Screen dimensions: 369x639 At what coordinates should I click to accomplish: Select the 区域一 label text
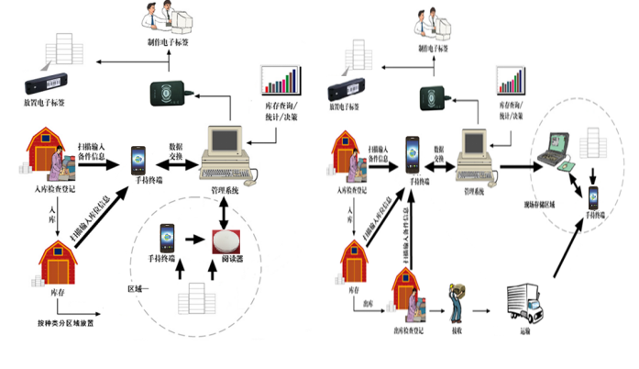pos(137,287)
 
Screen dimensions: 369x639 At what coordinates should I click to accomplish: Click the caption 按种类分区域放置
pos(65,324)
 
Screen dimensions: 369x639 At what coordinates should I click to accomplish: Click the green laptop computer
pos(560,151)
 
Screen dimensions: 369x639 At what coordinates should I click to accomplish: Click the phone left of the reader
pos(167,240)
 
